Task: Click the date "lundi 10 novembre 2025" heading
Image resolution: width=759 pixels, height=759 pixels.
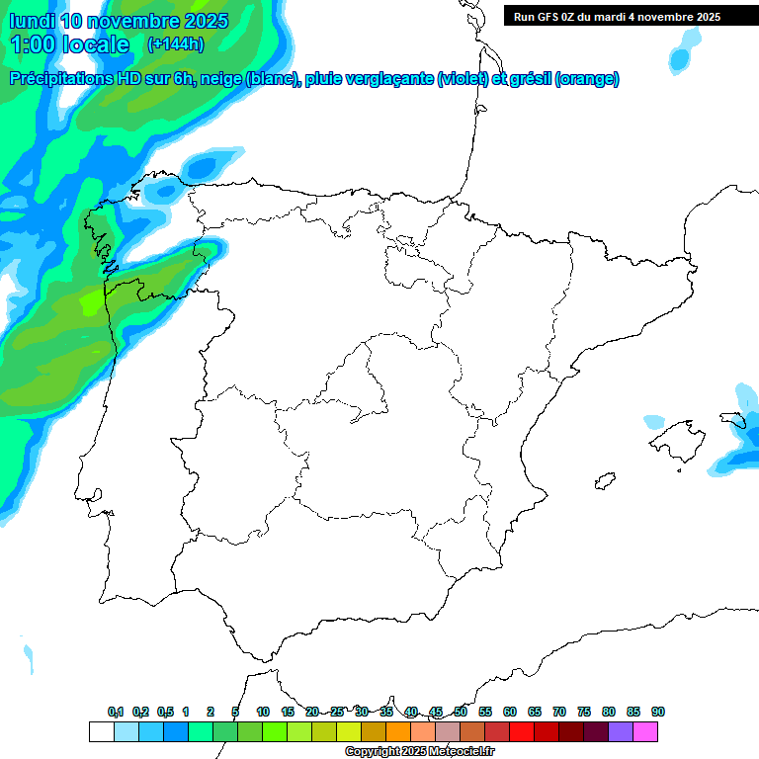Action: coord(119,21)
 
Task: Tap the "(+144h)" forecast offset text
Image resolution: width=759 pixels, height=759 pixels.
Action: coord(175,44)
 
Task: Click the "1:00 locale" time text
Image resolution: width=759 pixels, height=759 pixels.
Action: coord(69,44)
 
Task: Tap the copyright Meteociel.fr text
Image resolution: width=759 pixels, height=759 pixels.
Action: coord(420,752)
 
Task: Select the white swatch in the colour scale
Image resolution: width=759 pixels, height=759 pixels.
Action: coord(101,732)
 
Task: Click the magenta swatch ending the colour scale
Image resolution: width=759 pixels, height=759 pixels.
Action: coord(645,732)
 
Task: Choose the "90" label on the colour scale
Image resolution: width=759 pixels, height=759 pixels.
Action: coord(658,713)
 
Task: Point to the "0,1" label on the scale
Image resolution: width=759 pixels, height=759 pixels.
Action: coord(116,713)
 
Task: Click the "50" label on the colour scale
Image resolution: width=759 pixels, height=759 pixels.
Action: coord(461,713)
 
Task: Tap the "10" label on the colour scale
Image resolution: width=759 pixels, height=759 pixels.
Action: coord(263,713)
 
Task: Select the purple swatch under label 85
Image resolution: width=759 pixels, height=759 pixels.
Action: coord(621,732)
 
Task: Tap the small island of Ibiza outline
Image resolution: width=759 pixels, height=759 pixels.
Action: coord(601,482)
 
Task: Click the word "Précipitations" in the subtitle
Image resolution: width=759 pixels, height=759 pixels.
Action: coord(59,79)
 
